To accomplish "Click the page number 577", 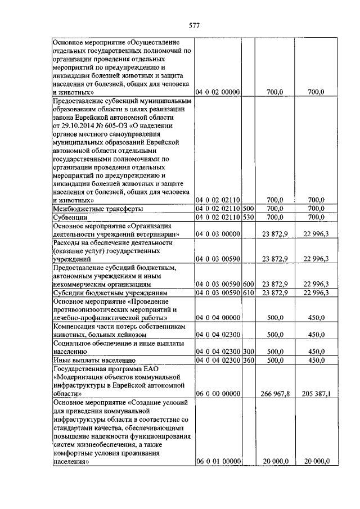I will pos(194,25).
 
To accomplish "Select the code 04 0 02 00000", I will pos(218,91).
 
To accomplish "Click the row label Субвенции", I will pos(70,217).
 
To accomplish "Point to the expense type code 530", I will pos(249,217).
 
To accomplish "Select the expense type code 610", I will pos(249,293).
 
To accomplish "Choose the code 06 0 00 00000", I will pos(218,394).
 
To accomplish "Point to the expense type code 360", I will pos(249,360).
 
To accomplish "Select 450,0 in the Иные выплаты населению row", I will pos(316,360).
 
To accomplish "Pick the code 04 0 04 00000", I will pos(218,318).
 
